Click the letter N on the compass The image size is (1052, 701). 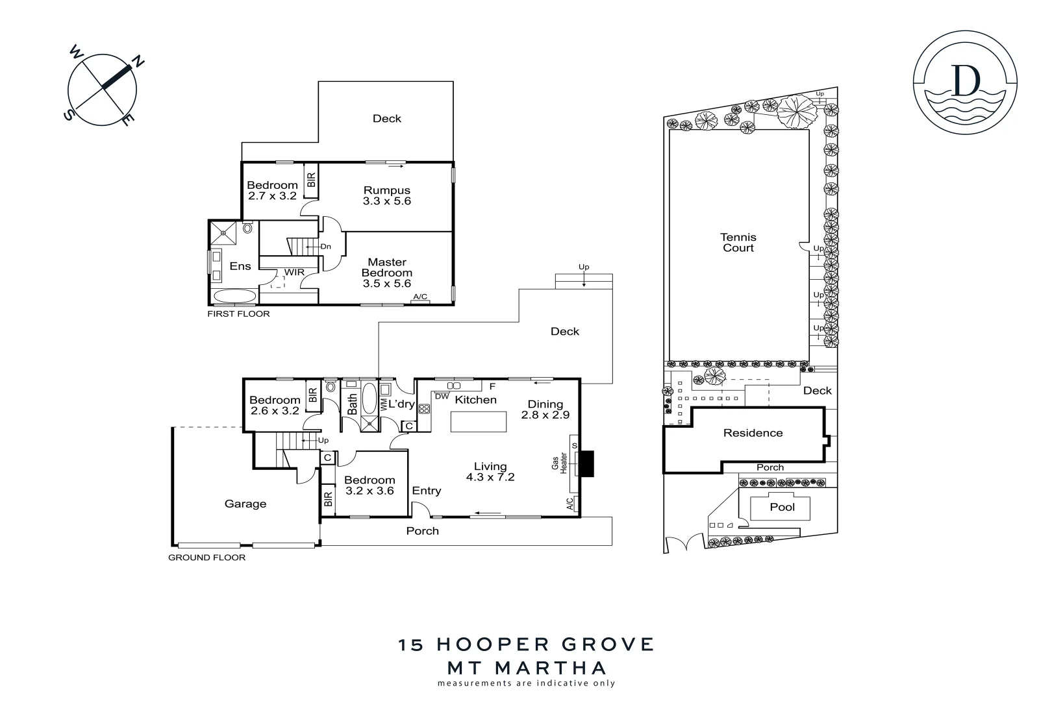pos(139,62)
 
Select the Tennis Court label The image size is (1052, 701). pos(738,243)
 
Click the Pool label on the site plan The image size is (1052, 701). pos(782,507)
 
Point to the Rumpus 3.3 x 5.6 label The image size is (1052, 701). pos(387,195)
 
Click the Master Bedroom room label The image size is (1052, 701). pos(387,273)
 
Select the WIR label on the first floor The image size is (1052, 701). pos(294,273)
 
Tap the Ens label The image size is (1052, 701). pos(240,266)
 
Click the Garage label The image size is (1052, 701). pos(245,504)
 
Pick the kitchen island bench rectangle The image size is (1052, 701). pos(479,422)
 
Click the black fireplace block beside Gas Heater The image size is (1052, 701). pos(586,464)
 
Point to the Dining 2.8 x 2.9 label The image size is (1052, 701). pos(545,409)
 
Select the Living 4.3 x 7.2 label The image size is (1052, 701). pos(490,471)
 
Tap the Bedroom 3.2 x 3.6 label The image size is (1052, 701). pos(369,486)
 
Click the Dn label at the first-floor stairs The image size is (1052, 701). pos(325,247)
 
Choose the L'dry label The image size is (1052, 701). pos(401,404)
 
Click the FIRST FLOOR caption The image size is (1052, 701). pos(238,314)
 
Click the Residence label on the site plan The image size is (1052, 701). pos(753,433)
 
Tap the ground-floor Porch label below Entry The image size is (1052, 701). pos(422,531)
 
